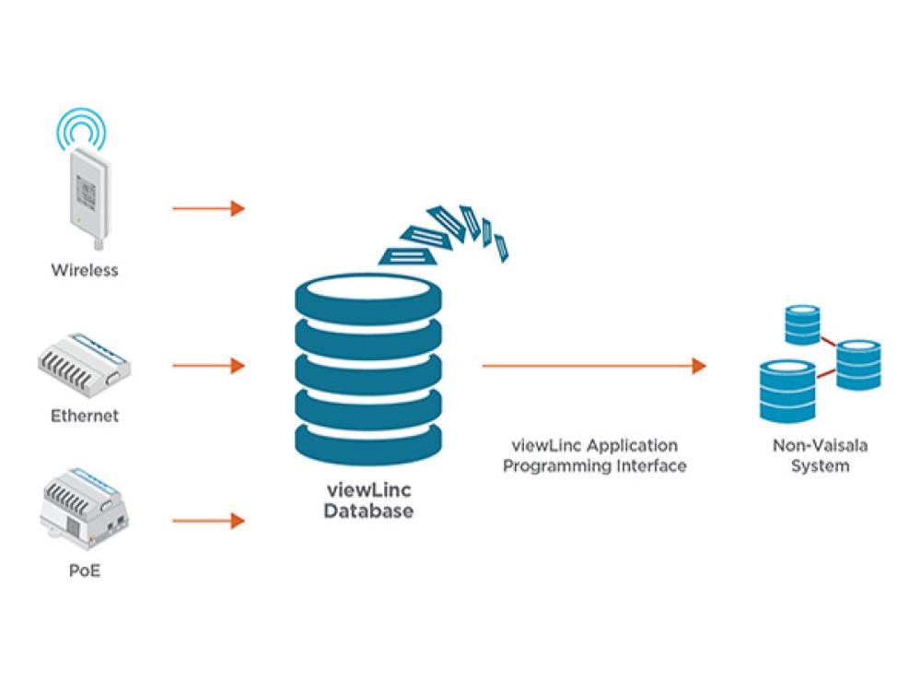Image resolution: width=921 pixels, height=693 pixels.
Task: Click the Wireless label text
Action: pos(85,271)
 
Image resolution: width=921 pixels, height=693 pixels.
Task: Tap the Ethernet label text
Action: pos(85,416)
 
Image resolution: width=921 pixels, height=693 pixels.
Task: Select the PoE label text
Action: pos(85,571)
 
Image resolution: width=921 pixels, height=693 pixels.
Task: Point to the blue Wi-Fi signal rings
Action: pos(84,129)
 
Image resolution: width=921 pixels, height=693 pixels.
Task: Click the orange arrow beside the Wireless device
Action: pos(208,208)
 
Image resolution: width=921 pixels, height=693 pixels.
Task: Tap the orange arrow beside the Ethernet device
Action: pos(208,366)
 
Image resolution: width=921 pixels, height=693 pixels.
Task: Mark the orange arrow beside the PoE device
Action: pos(208,522)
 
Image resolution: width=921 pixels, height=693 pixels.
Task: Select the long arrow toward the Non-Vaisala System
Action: pos(593,366)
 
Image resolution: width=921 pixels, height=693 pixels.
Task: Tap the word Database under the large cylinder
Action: pos(368,511)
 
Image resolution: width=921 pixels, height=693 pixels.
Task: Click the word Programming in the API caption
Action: pos(553,466)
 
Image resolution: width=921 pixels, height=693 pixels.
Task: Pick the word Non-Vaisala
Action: pos(820,446)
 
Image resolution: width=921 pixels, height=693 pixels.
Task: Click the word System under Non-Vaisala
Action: pos(820,466)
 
